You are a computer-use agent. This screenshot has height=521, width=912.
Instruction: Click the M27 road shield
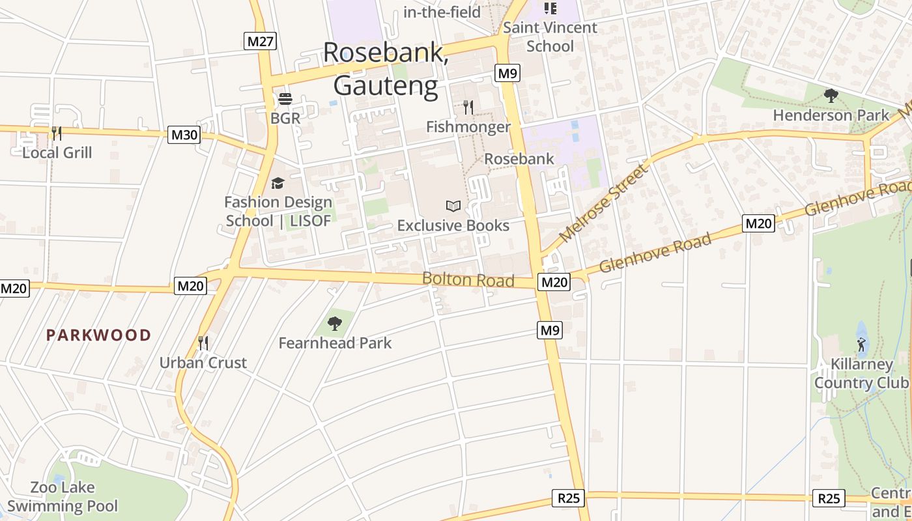261,42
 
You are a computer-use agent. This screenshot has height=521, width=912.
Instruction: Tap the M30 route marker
184,135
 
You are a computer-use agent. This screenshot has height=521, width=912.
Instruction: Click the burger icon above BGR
285,99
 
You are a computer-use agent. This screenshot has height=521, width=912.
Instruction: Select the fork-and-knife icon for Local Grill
57,134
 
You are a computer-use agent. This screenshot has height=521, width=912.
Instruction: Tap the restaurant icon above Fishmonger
468,107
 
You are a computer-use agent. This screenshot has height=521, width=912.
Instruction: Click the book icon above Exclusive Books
453,206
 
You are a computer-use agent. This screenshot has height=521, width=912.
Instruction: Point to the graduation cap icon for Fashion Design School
278,183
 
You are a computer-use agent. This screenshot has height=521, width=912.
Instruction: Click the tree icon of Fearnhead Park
335,323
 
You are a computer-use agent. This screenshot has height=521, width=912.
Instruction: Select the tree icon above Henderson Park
831,96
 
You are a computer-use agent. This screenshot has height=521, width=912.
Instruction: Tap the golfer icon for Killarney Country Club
861,344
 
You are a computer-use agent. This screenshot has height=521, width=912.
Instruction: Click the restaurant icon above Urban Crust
203,343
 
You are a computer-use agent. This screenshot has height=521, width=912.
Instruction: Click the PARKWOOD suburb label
98,335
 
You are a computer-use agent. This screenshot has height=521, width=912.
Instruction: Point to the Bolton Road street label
468,280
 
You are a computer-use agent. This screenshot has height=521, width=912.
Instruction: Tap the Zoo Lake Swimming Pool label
63,497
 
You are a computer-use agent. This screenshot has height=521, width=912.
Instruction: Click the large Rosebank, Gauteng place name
386,69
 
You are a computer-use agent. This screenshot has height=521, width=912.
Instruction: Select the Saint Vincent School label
550,36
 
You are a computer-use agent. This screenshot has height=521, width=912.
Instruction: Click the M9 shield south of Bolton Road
550,330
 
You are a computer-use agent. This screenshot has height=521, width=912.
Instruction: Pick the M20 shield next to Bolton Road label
554,282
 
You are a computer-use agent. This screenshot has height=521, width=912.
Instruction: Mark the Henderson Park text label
831,115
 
